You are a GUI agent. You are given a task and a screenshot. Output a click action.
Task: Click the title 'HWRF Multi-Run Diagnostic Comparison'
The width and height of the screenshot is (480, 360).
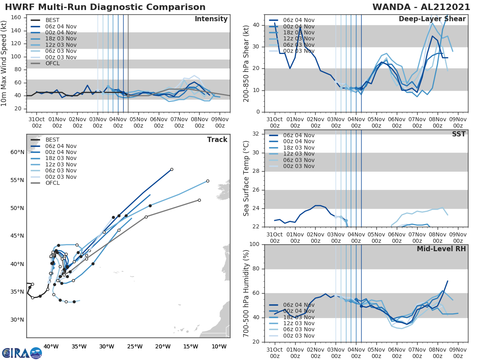[x=105, y=7]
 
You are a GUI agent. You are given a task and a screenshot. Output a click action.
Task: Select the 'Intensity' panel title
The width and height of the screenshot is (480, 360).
[x=211, y=19]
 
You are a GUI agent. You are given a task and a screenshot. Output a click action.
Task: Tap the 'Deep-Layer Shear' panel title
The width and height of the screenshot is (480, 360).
[x=432, y=19]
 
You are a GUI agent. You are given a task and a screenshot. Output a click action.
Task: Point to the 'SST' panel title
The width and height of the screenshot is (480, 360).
[x=458, y=134]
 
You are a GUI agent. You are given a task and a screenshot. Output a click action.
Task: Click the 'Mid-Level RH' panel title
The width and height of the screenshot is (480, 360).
[x=441, y=249]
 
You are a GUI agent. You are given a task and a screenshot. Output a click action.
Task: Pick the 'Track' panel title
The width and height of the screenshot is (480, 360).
[x=217, y=140]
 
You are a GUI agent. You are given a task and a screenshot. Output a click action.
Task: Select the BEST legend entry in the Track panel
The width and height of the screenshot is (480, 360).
[x=53, y=140]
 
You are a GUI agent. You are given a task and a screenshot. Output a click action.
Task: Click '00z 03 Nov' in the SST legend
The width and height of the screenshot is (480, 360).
[x=298, y=166]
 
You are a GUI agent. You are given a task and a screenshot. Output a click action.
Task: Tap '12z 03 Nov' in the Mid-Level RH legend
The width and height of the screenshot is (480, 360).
[x=298, y=323]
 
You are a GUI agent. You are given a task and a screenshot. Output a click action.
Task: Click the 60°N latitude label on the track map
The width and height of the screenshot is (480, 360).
[x=17, y=152]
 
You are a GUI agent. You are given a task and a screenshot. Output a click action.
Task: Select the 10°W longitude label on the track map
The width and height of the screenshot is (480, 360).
[x=219, y=346]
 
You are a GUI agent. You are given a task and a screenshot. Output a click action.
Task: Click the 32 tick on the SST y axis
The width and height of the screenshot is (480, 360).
[x=257, y=134]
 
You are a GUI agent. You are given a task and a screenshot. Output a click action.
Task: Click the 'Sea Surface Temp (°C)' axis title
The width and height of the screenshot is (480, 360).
[x=246, y=178]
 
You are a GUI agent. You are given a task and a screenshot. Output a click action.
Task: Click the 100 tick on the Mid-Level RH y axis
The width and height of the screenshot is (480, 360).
[x=254, y=244]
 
